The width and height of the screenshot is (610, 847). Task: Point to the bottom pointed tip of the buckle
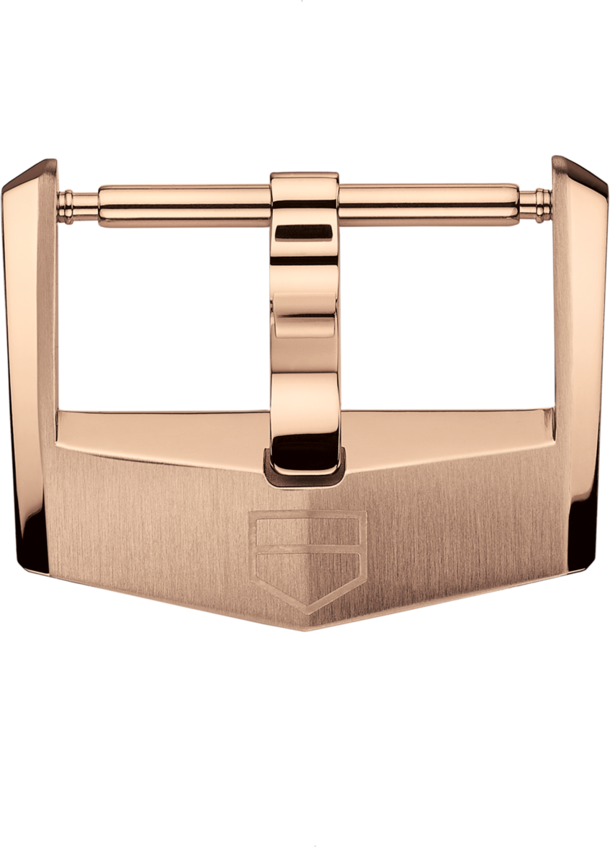pos(307,630)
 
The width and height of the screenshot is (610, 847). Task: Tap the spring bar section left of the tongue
pos(184,205)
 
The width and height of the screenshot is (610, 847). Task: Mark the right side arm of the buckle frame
pos(580,360)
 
